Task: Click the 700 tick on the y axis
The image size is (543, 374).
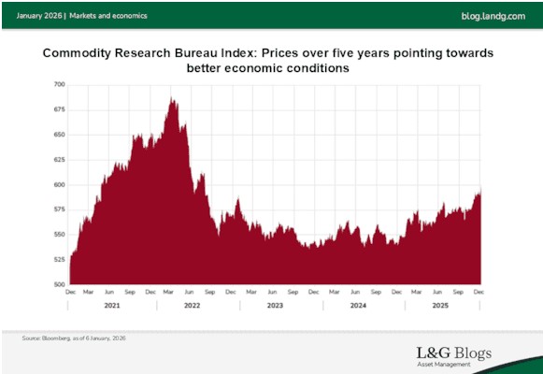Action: (x=58, y=84)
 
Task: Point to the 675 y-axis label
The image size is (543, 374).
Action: (x=58, y=109)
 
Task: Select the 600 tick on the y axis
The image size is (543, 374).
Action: (x=58, y=184)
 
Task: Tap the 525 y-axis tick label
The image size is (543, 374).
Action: (x=58, y=259)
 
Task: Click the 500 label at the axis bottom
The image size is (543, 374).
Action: (x=58, y=284)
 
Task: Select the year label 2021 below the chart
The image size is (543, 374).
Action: (x=111, y=306)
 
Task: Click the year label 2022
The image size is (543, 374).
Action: (x=193, y=306)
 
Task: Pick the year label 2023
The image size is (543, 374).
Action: (x=276, y=306)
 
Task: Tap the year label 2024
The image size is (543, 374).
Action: (x=358, y=306)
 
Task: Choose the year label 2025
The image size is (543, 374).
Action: (x=440, y=306)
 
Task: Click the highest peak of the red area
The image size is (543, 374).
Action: (x=171, y=97)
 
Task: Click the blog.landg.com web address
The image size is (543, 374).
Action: (x=493, y=16)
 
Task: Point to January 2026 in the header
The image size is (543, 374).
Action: (x=39, y=16)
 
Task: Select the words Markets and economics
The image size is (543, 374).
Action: (x=107, y=16)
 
